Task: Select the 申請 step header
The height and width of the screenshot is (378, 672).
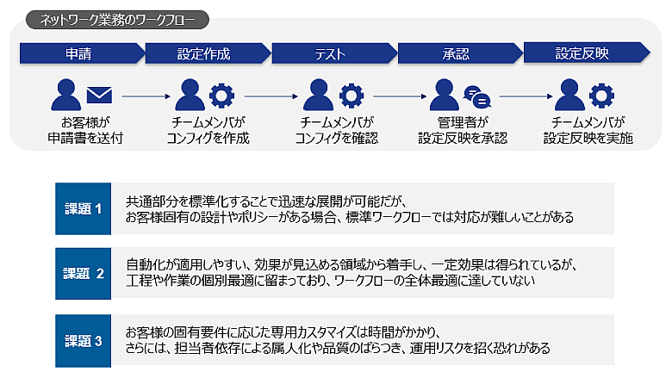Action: (x=79, y=54)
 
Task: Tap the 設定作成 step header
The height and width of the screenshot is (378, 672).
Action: (x=204, y=54)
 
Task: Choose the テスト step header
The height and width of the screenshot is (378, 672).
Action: (x=330, y=54)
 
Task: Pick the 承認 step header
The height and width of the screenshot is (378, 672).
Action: (x=456, y=54)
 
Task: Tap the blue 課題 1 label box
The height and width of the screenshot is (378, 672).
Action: (x=84, y=208)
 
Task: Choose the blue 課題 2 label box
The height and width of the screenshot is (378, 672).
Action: (x=84, y=274)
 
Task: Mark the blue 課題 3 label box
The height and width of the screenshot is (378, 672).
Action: (x=84, y=340)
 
